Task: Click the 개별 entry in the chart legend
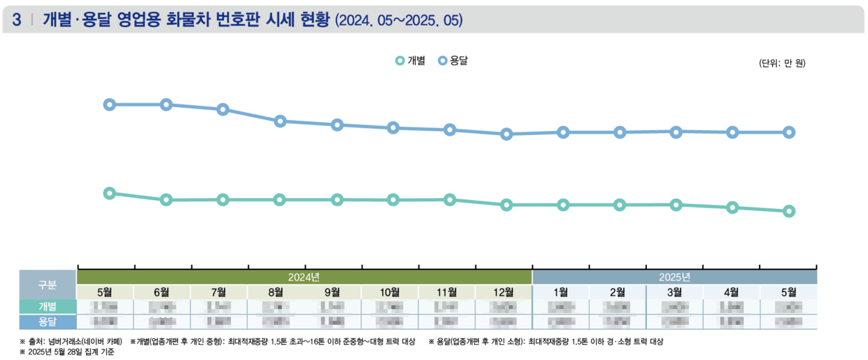(x=411, y=61)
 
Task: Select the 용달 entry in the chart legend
(x=454, y=61)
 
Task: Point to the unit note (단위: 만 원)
(x=781, y=63)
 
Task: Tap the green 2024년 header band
(x=304, y=277)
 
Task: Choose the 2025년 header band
(x=674, y=277)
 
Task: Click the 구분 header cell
(x=47, y=284)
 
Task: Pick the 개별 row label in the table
(x=47, y=306)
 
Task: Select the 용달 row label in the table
(x=47, y=321)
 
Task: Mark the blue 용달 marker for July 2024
(x=222, y=110)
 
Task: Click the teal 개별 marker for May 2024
(x=109, y=193)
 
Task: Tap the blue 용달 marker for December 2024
(x=506, y=134)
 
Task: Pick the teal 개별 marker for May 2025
(x=789, y=212)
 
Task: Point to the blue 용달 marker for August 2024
(x=279, y=121)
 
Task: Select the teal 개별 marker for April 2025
(x=732, y=207)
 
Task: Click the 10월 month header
(x=389, y=292)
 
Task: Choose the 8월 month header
(x=275, y=292)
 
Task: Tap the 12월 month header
(x=503, y=292)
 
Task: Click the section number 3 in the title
(x=16, y=20)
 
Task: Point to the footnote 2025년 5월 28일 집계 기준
(x=68, y=352)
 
